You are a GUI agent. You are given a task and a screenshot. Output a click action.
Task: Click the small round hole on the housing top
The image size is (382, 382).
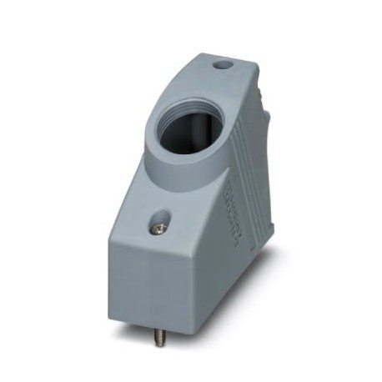click(x=221, y=64)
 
